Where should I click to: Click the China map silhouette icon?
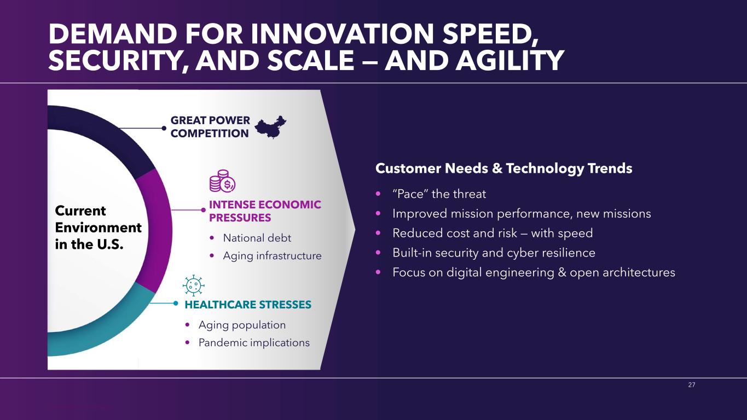(270, 127)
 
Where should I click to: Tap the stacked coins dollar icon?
(222, 181)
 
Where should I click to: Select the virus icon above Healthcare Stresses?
(193, 285)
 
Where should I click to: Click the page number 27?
(692, 384)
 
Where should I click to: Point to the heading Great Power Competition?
(210, 127)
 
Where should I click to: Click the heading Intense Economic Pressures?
(265, 211)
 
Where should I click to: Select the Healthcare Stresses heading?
(248, 304)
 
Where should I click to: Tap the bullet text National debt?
(257, 238)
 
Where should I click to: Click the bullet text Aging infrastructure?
(272, 256)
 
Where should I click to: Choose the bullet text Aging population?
(242, 325)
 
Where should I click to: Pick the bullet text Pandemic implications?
(254, 342)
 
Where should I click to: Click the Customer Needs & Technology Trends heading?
(503, 168)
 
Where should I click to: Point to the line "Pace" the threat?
(439, 194)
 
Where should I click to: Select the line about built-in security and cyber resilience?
(494, 253)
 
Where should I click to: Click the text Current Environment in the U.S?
(98, 227)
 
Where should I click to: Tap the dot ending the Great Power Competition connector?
(164, 128)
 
